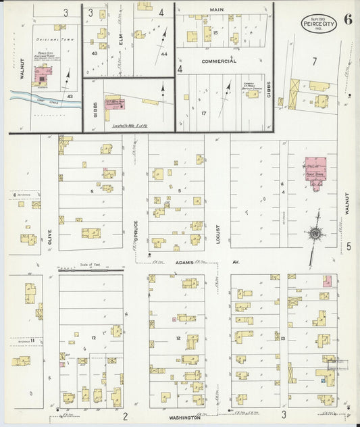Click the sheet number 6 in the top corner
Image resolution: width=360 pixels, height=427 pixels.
pos(347,19)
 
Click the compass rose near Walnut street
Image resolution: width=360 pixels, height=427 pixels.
pos(315,234)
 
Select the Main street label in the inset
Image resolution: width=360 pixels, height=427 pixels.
pos(216,10)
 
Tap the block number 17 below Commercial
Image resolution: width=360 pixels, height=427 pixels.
pos(202,113)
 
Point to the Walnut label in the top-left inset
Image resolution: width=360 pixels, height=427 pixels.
pos(22,68)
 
